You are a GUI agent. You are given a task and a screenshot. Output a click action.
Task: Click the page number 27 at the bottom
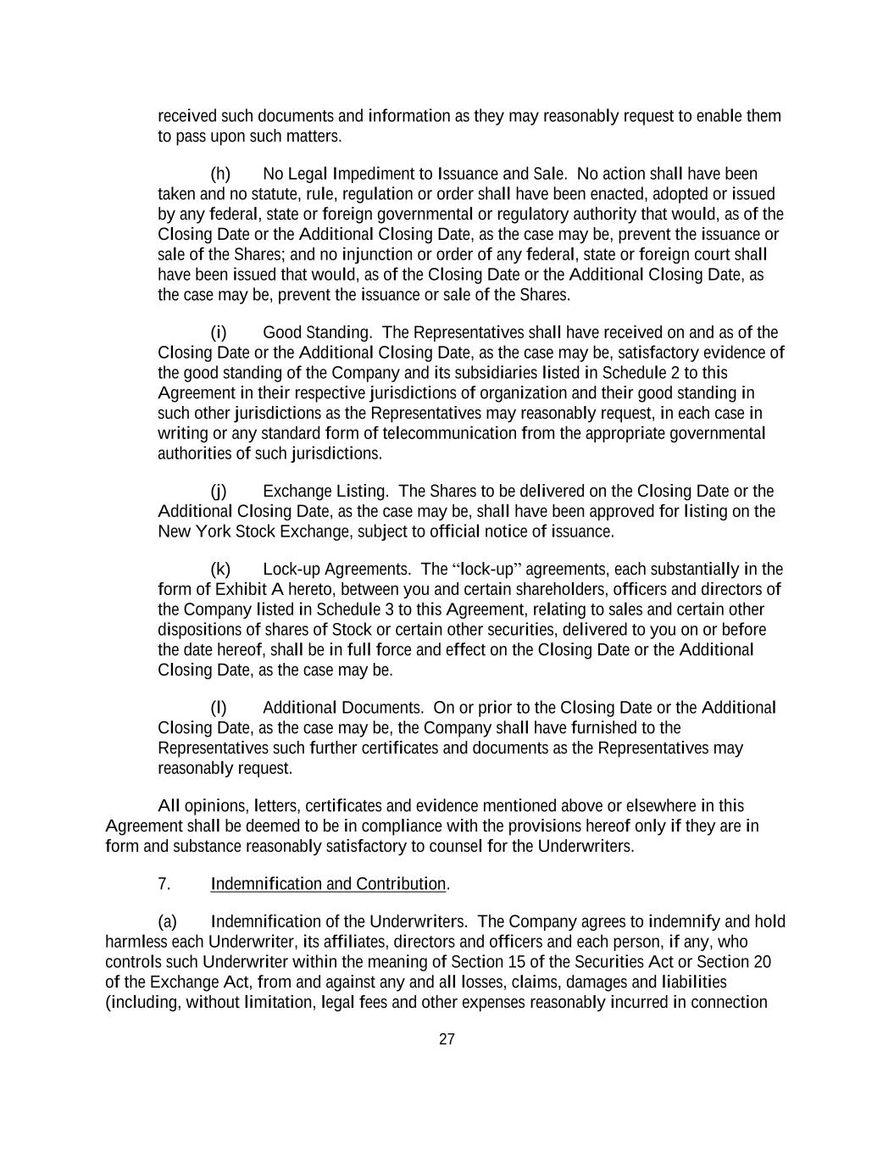447,1040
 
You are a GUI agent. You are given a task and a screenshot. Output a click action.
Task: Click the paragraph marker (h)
219,174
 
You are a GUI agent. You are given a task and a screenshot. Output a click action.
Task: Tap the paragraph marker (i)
219,332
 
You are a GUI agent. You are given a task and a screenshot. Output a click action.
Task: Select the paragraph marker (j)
219,492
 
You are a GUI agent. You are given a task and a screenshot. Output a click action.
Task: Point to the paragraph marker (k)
219,569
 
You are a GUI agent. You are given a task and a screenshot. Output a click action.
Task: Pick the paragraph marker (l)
219,708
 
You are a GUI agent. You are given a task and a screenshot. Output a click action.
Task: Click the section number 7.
164,884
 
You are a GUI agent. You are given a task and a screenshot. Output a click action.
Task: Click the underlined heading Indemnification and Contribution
328,884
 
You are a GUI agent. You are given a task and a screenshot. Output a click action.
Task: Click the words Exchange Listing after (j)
325,492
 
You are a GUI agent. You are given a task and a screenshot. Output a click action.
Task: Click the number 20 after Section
762,962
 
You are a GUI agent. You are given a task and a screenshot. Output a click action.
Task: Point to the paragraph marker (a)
167,922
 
